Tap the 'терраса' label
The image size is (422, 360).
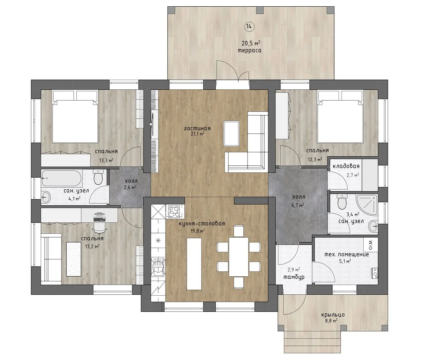[x=250, y=50]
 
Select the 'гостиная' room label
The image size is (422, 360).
[x=197, y=129]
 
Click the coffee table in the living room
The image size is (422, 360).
[x=232, y=134]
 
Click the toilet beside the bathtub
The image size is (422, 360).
[x=98, y=177]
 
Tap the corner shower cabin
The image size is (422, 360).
[x=367, y=204]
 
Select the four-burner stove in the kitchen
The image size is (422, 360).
[x=174, y=211]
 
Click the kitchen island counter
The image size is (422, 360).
[x=194, y=264]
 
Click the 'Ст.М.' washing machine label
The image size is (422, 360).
[x=371, y=247]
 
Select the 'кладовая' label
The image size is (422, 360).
[x=346, y=166]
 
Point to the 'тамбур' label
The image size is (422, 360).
[x=294, y=277]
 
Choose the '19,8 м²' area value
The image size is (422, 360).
[x=197, y=231]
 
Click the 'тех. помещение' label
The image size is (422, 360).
[x=347, y=255]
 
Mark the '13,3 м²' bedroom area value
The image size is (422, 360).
[x=106, y=160]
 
